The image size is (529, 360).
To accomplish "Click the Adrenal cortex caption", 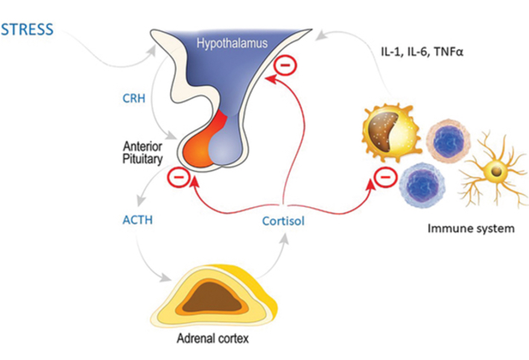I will tap(212, 338).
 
